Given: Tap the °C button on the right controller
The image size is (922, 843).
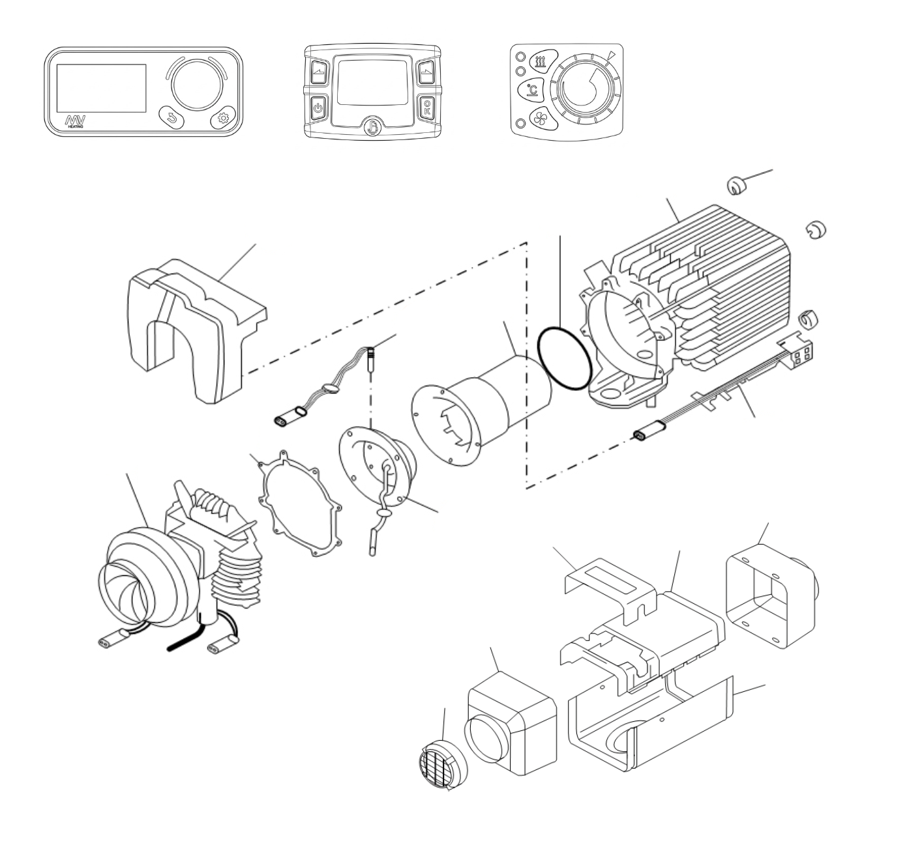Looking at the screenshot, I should point(531,90).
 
